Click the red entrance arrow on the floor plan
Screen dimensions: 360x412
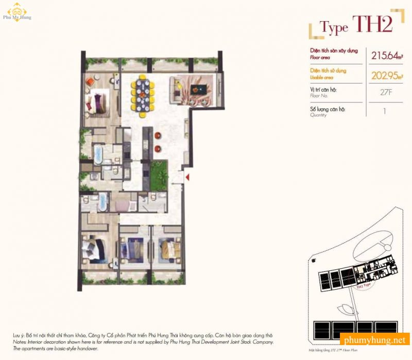tap(188, 178)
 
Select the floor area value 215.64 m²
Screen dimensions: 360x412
tap(384, 55)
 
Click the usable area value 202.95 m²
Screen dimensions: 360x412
tap(385, 75)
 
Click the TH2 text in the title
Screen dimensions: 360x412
tap(371, 25)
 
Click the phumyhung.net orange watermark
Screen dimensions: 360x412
tap(375, 340)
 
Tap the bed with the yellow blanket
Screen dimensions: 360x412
tap(168, 248)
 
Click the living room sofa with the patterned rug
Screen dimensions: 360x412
tap(194, 88)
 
